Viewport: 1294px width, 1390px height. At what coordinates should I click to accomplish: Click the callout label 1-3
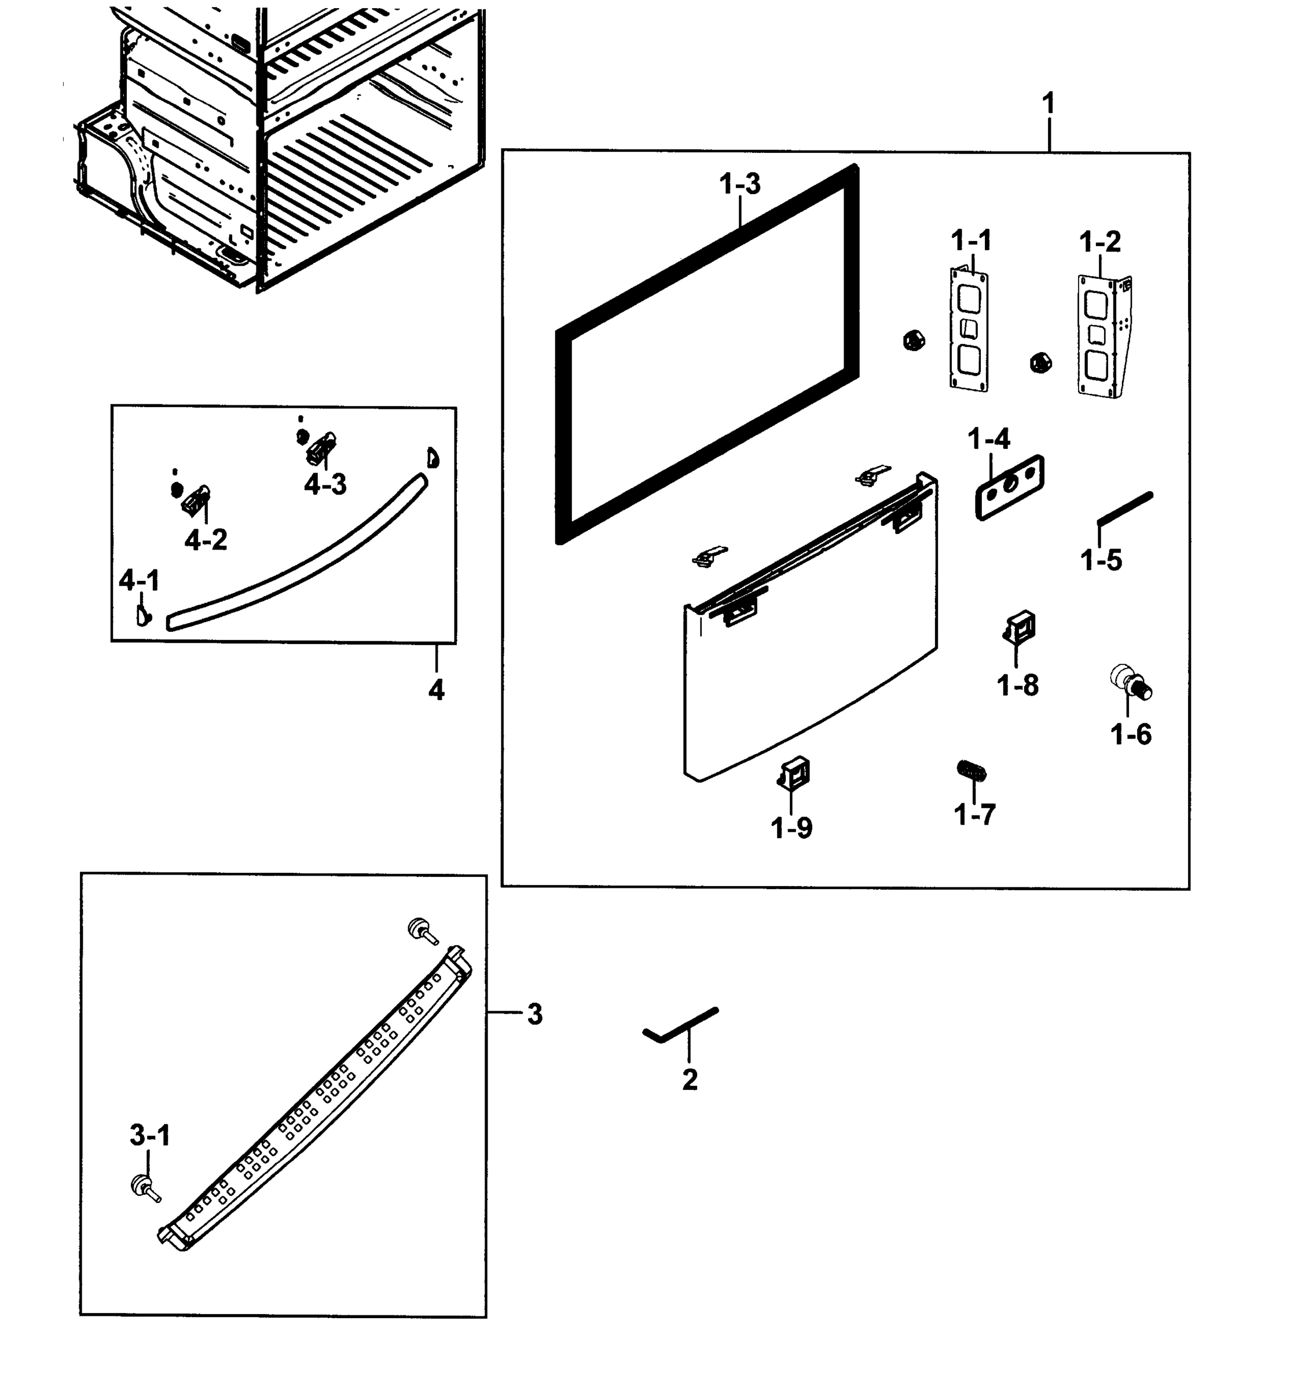[739, 185]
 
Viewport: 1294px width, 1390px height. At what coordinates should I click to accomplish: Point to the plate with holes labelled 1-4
[1009, 487]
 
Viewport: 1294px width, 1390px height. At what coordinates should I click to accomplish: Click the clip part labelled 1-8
[1020, 625]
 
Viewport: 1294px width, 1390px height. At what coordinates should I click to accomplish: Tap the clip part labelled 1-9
[795, 773]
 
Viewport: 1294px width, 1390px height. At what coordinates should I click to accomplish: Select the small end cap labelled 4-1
[144, 615]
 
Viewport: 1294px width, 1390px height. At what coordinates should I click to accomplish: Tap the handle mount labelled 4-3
[321, 448]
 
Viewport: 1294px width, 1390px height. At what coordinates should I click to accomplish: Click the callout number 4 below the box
[435, 690]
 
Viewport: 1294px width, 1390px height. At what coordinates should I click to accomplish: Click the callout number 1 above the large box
[1047, 105]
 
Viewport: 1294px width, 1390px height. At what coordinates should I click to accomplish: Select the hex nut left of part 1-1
[913, 341]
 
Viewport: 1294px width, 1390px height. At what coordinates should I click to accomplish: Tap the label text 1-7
[974, 814]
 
